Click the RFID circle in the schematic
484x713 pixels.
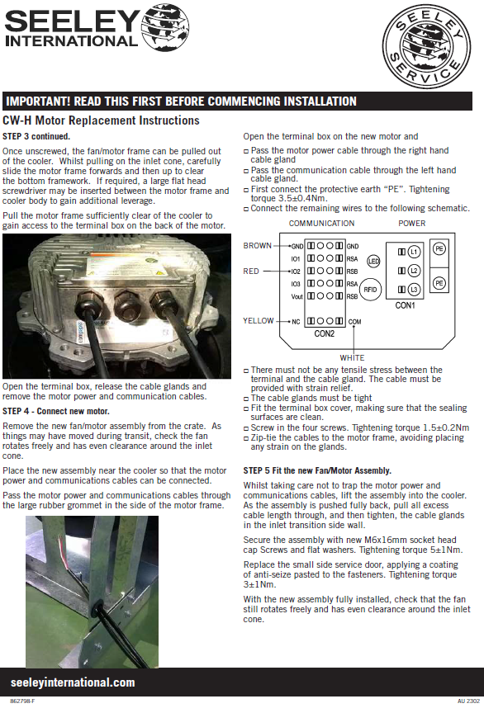(370, 290)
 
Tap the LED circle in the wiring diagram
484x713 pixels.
(373, 261)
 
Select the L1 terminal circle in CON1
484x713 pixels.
(414, 252)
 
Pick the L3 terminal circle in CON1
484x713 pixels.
(414, 290)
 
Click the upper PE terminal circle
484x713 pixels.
(439, 249)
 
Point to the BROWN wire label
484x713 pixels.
(257, 246)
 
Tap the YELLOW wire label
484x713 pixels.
(259, 320)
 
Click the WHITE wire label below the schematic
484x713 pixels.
(352, 358)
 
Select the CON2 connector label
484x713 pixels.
(325, 333)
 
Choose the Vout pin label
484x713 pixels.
(297, 296)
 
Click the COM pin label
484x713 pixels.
(354, 322)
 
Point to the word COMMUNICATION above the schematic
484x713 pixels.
(321, 224)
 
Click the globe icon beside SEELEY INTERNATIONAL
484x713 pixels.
(165, 28)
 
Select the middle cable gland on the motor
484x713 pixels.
(128, 305)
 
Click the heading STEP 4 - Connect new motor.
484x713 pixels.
(56, 411)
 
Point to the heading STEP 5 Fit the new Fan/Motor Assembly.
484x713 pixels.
(317, 470)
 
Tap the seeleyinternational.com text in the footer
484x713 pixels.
(73, 682)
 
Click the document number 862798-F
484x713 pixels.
(22, 701)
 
